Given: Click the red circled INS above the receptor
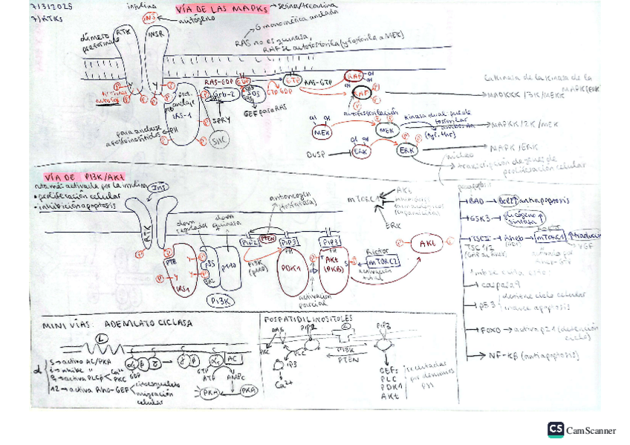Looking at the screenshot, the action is (151, 17).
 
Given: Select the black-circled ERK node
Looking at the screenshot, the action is (407, 150).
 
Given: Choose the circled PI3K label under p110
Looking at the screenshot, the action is (221, 300).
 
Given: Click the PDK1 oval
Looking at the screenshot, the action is (289, 267).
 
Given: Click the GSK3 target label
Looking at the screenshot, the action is (478, 218).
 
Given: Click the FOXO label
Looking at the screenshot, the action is (489, 330).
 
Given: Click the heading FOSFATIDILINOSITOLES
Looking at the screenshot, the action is (306, 319).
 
